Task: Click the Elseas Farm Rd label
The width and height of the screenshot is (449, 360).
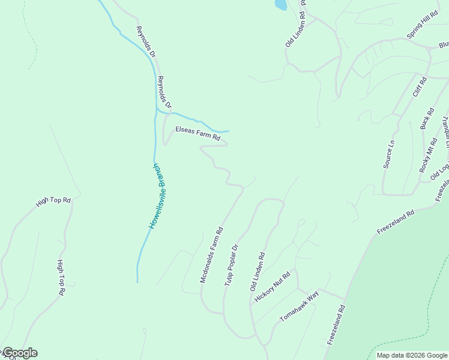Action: pos(197,134)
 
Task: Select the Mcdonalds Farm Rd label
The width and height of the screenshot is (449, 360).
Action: pos(211,255)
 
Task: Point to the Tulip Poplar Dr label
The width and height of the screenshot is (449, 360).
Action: pos(232,264)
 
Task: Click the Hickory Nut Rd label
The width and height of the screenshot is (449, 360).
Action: pos(273,286)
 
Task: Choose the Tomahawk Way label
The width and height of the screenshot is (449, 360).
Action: pos(299,307)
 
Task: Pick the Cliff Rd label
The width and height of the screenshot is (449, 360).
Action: pos(419,87)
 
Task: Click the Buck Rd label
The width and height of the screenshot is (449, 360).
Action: pos(427,118)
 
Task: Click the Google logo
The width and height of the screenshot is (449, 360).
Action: pos(19,353)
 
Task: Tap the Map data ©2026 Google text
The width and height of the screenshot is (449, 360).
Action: pos(411,355)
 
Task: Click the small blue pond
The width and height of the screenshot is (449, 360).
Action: pos(280,5)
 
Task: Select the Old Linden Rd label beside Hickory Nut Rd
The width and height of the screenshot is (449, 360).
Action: pos(258,272)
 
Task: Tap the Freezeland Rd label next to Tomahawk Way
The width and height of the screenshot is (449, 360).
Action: pos(336,325)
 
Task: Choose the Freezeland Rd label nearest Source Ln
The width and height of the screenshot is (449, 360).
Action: pos(396,221)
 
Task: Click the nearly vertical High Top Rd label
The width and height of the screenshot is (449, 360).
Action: pos(61,278)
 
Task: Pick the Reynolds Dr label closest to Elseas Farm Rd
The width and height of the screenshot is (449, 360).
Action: pos(164,93)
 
